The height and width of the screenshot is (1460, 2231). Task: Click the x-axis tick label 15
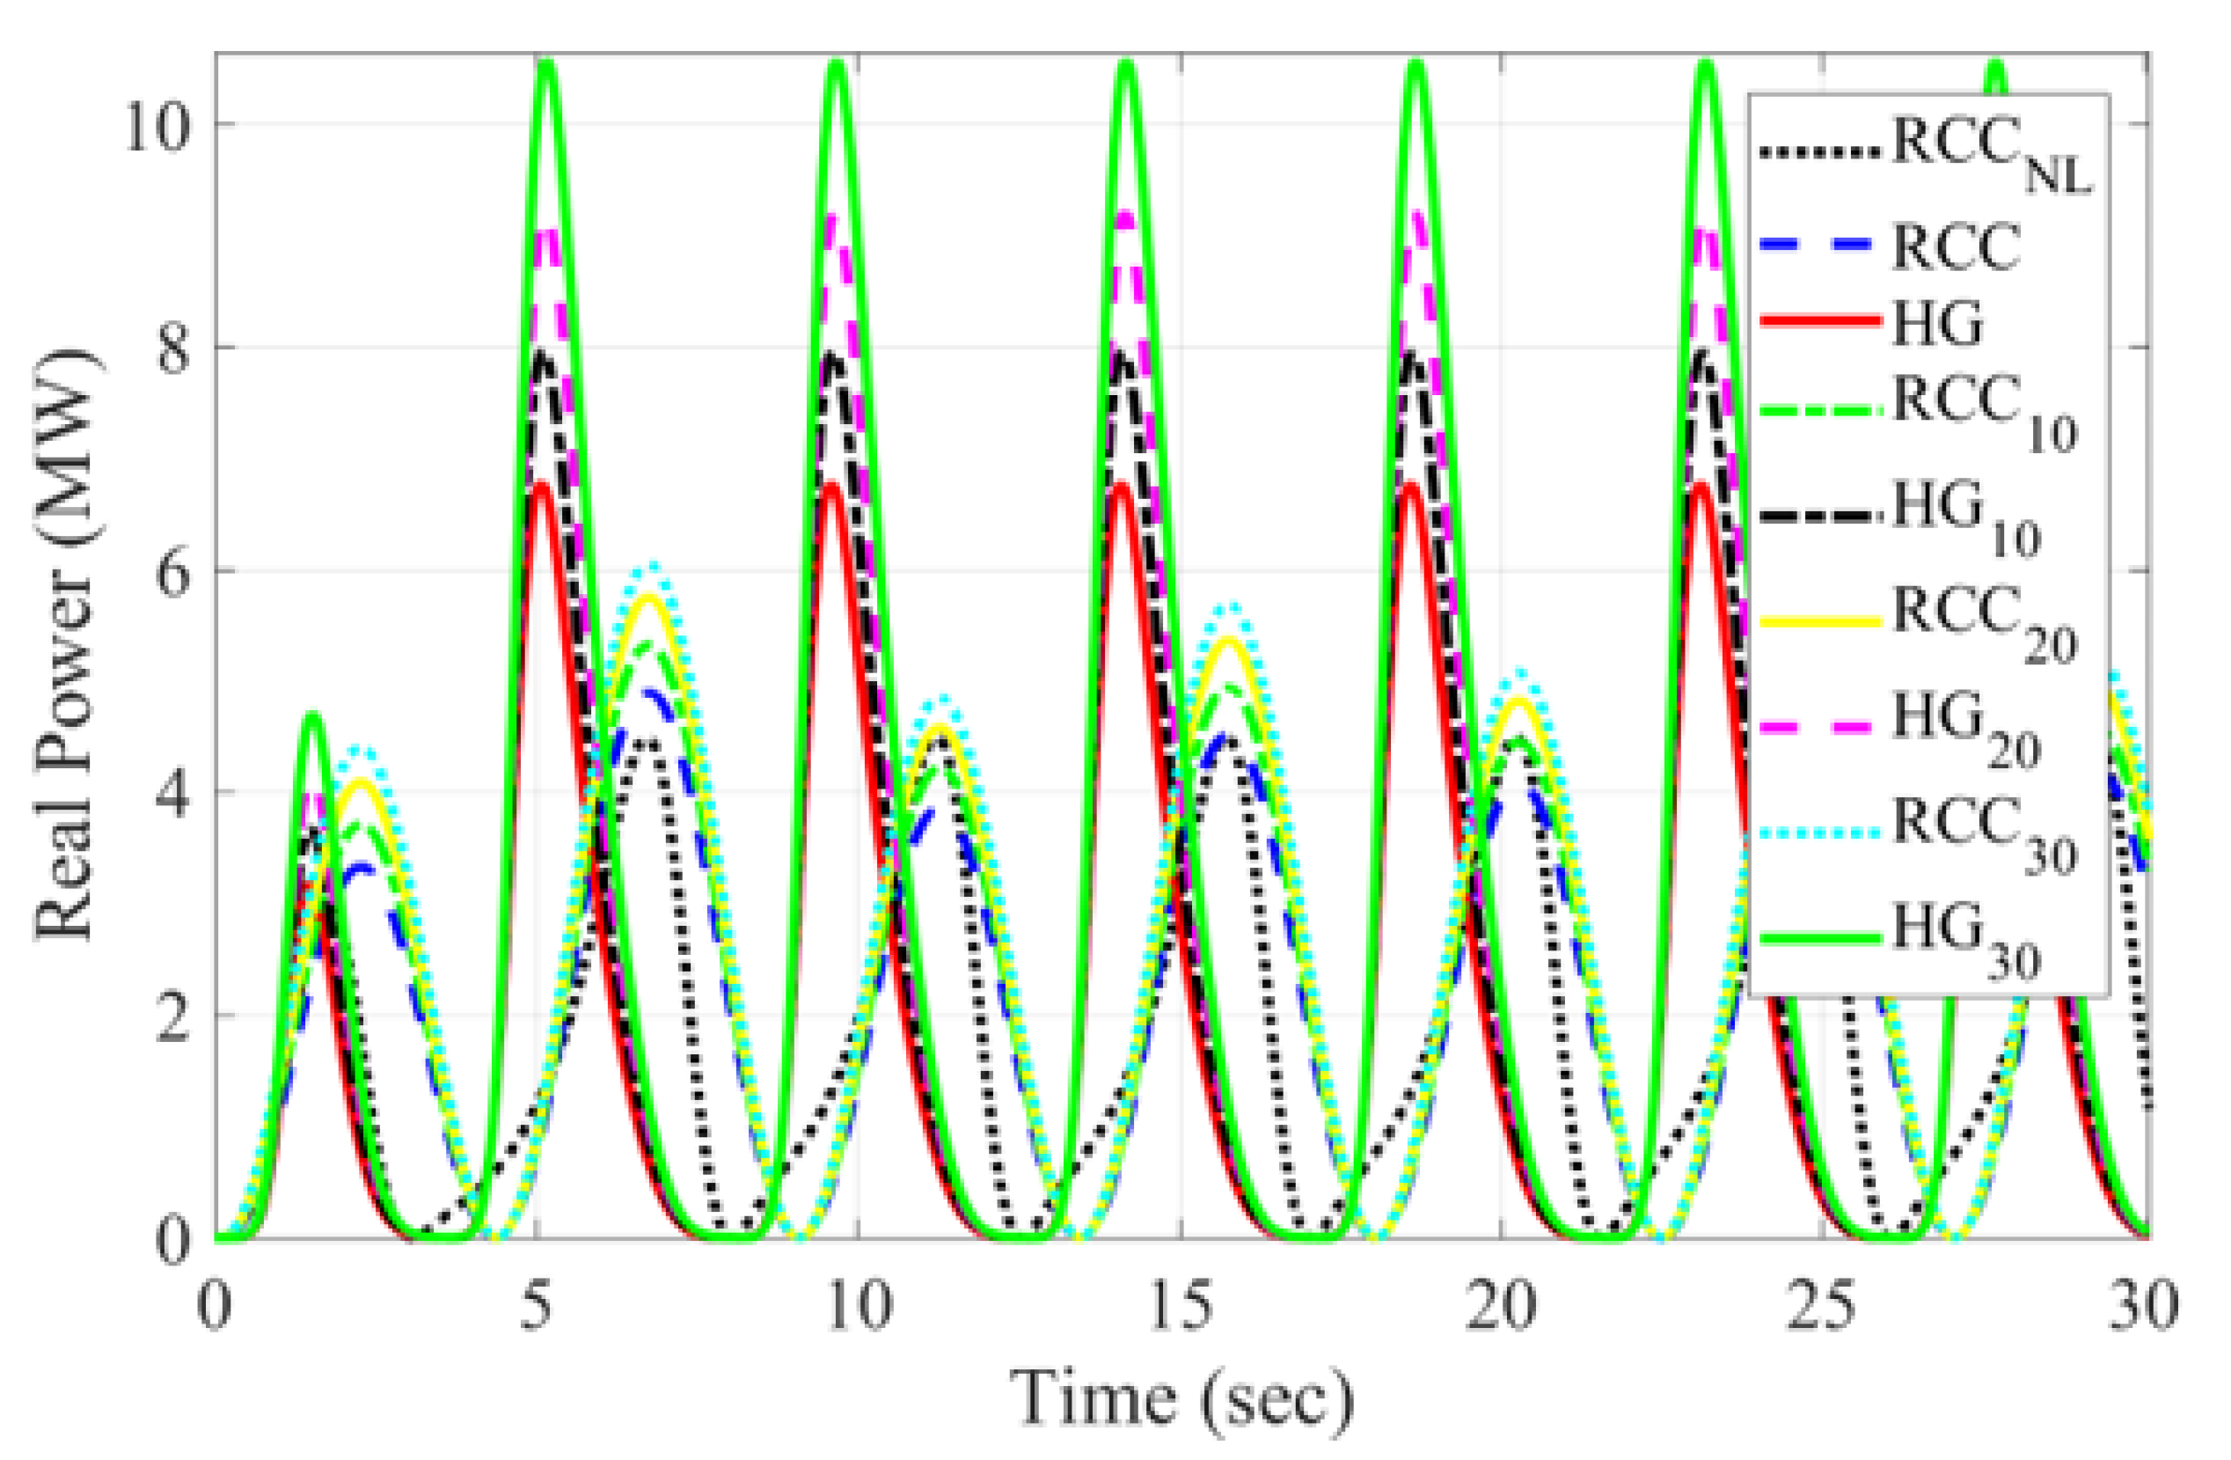pos(1179,1306)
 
